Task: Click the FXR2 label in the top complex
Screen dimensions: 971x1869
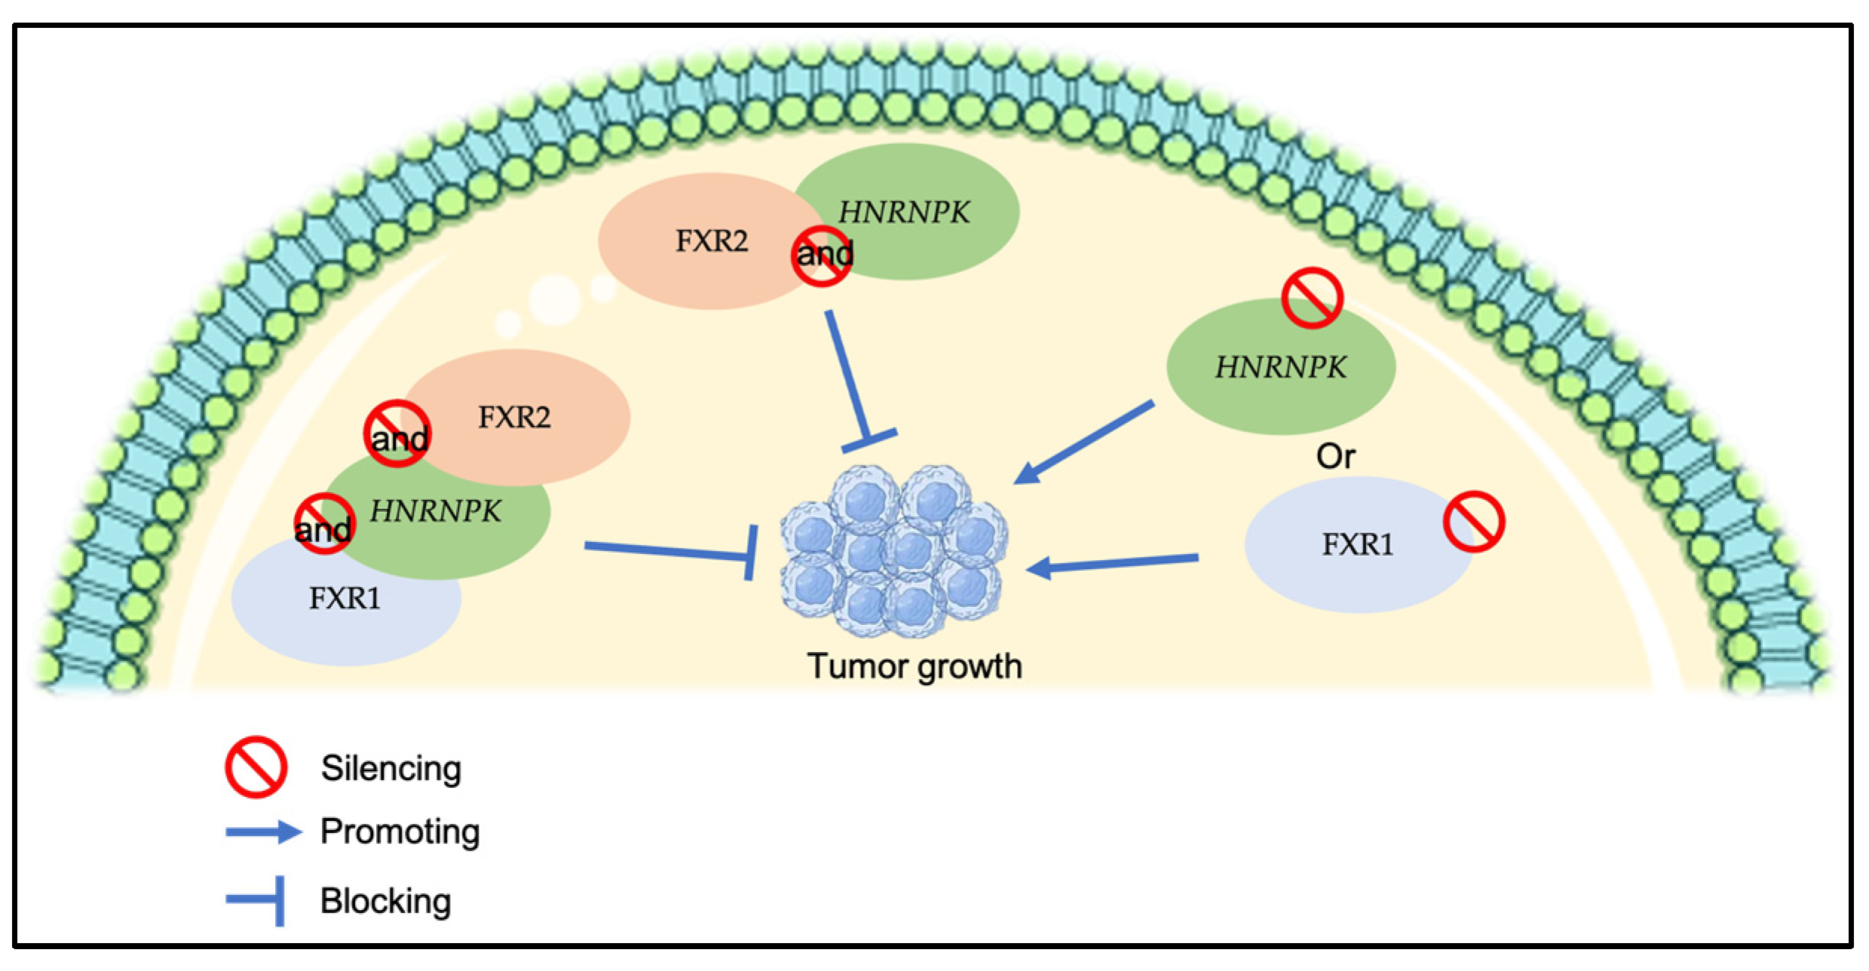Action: point(711,241)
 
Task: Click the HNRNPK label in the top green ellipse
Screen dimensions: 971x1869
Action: point(904,213)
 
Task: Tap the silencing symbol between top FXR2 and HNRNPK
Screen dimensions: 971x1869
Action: point(822,256)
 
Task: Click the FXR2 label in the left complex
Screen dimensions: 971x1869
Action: point(514,417)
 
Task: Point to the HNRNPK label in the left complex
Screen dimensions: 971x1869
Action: point(435,511)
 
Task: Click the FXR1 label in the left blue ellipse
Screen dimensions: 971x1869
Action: point(345,599)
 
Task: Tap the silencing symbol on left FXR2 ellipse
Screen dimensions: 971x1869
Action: point(397,433)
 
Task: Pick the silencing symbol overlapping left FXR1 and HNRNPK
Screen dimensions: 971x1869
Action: point(324,524)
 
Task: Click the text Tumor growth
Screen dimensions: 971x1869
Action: point(915,666)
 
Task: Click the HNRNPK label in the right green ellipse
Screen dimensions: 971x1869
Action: point(1280,367)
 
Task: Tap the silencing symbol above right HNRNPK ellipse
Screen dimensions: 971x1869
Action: point(1312,298)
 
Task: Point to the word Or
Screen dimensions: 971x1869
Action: point(1335,456)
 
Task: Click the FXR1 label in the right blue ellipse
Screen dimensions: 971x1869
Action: point(1357,544)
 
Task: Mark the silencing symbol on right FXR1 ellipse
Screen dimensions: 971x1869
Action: point(1474,522)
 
